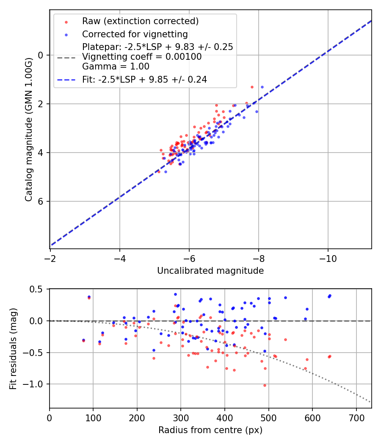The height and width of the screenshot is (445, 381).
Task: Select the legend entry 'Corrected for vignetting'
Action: tap(135, 34)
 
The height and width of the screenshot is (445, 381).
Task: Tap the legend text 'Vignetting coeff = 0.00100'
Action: tap(142, 57)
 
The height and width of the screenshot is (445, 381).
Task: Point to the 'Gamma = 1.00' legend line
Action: tap(116, 67)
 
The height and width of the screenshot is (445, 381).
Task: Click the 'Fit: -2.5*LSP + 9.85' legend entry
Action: tap(144, 80)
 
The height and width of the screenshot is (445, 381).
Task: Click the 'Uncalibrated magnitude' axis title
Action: tap(210, 271)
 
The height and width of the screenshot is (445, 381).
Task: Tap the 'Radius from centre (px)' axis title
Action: tap(210, 430)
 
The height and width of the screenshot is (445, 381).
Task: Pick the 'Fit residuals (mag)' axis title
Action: tap(13, 348)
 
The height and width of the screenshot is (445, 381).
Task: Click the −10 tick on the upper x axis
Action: tap(328, 258)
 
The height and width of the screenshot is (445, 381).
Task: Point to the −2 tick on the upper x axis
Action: tap(50, 258)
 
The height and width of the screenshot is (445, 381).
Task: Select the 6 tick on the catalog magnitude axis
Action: tap(41, 201)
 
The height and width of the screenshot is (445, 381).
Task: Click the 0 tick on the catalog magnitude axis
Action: tap(41, 55)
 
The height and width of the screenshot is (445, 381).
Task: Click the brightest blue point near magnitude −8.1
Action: tap(262, 87)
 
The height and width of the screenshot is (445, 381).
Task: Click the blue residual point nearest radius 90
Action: tap(89, 297)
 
